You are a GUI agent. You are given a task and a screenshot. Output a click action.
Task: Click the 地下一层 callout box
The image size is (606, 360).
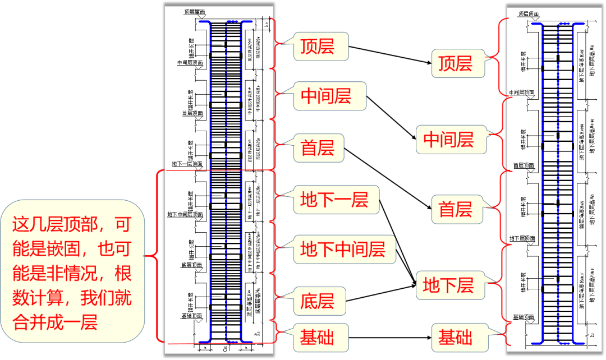click(x=334, y=199)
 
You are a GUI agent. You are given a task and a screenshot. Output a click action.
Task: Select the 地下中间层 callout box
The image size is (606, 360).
click(x=343, y=248)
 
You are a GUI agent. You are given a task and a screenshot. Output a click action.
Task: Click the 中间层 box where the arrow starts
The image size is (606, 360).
click(x=326, y=96)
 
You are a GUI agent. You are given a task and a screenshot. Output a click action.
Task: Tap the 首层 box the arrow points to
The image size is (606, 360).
click(x=456, y=210)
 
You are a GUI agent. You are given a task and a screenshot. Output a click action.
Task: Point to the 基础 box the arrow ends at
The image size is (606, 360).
click(x=456, y=338)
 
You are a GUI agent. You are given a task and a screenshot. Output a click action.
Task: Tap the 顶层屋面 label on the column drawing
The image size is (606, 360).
click(x=194, y=11)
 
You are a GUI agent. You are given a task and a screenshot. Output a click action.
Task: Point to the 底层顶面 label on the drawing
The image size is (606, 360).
click(x=191, y=265)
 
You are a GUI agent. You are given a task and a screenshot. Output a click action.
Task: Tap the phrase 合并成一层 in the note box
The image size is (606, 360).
click(x=56, y=322)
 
